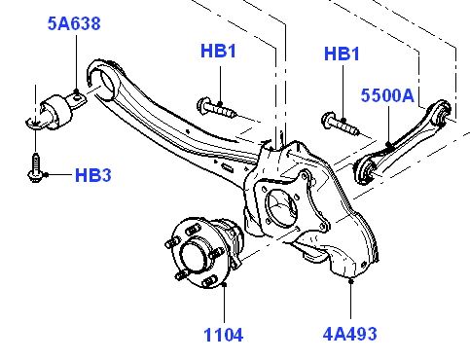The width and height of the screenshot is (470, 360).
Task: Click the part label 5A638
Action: coord(74,23)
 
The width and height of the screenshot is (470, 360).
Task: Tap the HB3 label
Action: coord(93,175)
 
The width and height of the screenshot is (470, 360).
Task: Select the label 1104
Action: coord(223,335)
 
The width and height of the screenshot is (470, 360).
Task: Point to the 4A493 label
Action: coord(350,334)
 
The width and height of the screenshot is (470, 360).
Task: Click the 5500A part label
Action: coord(387,95)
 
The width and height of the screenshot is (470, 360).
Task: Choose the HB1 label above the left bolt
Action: coord(218,52)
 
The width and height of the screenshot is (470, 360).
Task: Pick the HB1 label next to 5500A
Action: coord(342,54)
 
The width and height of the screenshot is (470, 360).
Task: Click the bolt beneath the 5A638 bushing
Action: coord(35,168)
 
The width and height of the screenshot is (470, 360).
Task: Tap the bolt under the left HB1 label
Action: coord(216,108)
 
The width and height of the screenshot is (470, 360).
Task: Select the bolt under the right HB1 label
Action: coord(341,124)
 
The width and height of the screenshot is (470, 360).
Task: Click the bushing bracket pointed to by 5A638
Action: coord(55,111)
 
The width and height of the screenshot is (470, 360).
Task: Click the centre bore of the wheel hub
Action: coord(193,255)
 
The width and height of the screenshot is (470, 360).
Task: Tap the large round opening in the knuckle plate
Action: coord(281,207)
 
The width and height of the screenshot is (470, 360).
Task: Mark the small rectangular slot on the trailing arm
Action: coord(228,167)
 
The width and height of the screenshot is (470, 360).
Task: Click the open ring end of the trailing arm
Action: coord(104,79)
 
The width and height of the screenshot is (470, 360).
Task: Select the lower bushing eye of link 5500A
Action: coord(366,170)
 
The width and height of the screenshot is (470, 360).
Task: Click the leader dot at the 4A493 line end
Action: coord(350,281)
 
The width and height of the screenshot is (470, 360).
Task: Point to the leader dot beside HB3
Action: coord(46,175)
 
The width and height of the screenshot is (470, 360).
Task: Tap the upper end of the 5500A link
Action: coord(442,111)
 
